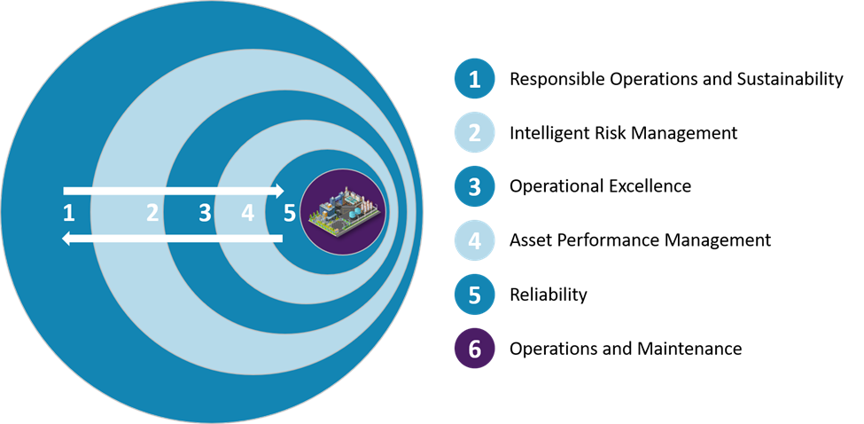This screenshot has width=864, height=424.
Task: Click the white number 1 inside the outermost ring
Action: coord(69,213)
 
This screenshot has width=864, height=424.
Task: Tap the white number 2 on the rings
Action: coord(152,213)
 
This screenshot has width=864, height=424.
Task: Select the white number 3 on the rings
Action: coord(206,213)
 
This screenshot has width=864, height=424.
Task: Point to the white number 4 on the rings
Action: coord(247,213)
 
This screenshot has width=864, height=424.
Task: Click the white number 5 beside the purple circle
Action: coord(288,213)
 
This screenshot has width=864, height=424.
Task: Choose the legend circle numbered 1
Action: coord(474,80)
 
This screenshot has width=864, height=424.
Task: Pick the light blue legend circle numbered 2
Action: coord(474,133)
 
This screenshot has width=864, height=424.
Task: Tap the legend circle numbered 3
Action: coord(474,187)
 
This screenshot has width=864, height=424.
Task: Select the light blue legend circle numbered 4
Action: coord(474,240)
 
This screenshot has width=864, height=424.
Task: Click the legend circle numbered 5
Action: coord(474,294)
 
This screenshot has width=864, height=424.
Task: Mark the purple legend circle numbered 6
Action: coord(474,349)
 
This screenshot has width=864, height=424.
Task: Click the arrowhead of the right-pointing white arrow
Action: coord(279,191)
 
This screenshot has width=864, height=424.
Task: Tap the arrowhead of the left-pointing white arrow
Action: coord(66,239)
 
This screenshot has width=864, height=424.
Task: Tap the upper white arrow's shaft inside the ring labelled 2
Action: coord(133,191)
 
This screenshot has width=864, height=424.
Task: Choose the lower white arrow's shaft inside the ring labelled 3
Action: coord(199,239)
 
